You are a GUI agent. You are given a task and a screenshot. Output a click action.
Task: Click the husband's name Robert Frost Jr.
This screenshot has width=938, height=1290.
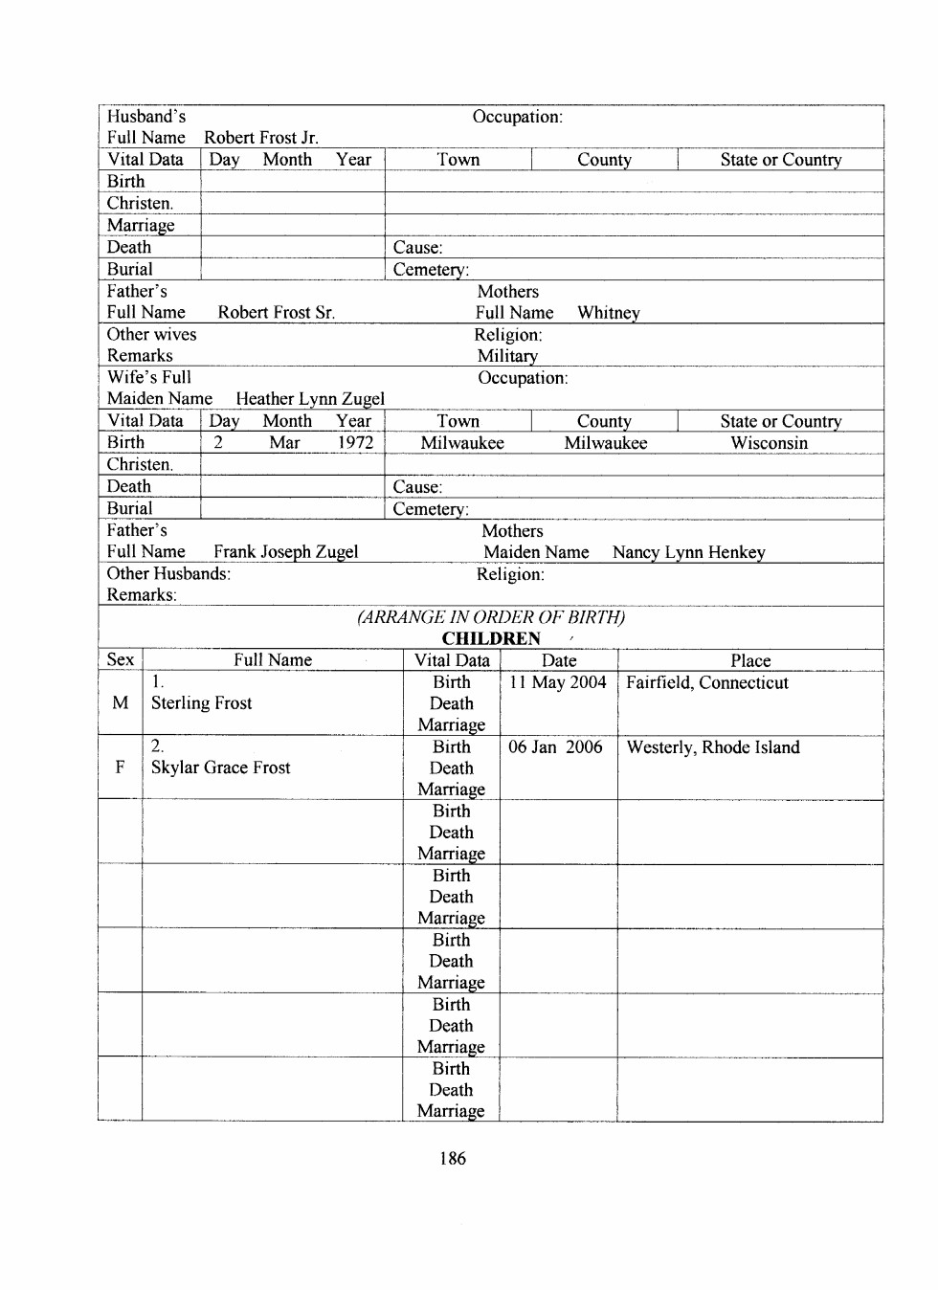(x=260, y=138)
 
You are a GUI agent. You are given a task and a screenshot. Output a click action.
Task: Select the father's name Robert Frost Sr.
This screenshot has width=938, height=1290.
(x=276, y=313)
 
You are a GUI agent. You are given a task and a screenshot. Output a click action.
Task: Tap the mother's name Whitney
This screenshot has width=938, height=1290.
(x=608, y=313)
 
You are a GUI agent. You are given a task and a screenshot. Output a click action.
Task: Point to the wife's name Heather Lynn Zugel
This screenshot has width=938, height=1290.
(x=310, y=399)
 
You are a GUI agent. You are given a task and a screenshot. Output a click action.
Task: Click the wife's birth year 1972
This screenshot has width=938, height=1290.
(x=355, y=443)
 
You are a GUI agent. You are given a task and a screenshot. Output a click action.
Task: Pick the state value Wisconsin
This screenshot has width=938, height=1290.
(x=769, y=443)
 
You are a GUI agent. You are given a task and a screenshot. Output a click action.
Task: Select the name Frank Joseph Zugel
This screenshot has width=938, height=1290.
(x=285, y=552)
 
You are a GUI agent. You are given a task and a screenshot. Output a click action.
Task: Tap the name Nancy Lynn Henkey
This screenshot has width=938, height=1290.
(x=688, y=552)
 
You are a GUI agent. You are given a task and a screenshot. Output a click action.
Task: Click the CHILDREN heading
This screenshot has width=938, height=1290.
(x=490, y=638)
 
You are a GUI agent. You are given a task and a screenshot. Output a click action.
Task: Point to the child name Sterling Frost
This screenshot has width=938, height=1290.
(x=201, y=703)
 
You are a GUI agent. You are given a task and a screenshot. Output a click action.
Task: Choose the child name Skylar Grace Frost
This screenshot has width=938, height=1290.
(x=220, y=767)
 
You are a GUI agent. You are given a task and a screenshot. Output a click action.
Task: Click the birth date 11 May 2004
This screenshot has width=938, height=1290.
(x=557, y=682)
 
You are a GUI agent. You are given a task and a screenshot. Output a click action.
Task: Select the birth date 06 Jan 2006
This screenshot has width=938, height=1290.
(x=555, y=747)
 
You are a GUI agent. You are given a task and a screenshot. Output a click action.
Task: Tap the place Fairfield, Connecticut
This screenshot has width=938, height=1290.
(x=706, y=682)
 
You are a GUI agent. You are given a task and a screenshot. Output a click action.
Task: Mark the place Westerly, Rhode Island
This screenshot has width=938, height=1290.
(x=712, y=747)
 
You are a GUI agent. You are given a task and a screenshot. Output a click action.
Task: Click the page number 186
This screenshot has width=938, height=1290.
(x=452, y=1158)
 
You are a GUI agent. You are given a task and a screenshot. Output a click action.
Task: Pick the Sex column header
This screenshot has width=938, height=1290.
(x=120, y=659)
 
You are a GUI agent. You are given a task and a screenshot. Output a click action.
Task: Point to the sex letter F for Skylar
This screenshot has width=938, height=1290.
(x=120, y=767)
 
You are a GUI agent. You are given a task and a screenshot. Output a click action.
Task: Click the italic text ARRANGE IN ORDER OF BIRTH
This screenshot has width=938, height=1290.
(x=490, y=617)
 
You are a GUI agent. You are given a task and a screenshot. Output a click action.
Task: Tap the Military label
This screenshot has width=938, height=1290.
(x=507, y=356)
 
